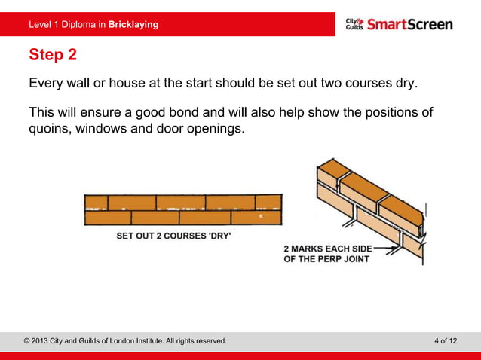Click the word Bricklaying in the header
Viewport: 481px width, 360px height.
(x=133, y=24)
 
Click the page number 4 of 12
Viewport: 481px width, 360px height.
(x=446, y=341)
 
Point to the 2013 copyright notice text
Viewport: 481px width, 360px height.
(x=125, y=341)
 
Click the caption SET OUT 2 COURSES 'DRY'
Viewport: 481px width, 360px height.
(x=173, y=235)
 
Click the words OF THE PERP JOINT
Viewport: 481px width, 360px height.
(x=326, y=260)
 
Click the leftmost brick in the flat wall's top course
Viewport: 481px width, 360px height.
(x=96, y=202)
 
